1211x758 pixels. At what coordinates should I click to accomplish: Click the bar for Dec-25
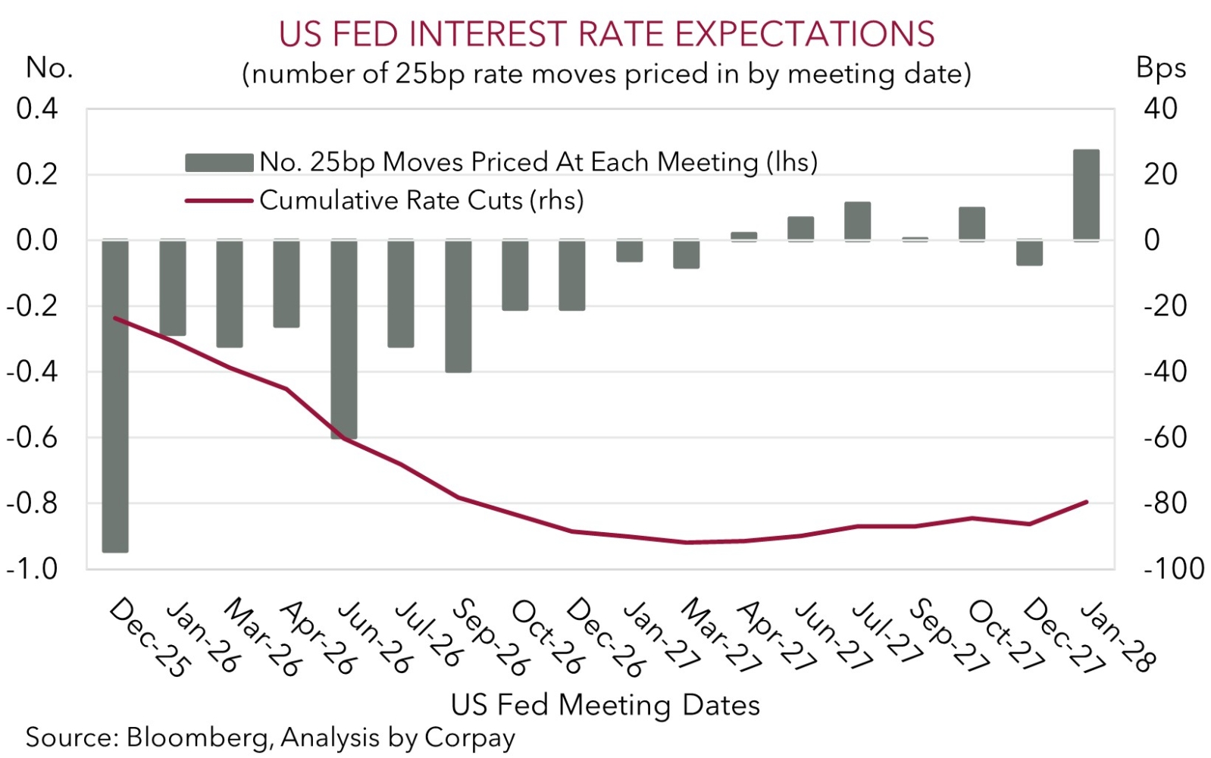(115, 396)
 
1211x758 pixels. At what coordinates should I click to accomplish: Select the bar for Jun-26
(344, 339)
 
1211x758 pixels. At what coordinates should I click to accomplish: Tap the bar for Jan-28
(1086, 195)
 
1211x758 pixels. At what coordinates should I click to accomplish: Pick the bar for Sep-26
(458, 306)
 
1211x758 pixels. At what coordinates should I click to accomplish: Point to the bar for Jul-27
(858, 221)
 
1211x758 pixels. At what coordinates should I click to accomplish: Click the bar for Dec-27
(1029, 252)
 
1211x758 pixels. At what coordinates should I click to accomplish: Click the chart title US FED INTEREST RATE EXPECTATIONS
(606, 34)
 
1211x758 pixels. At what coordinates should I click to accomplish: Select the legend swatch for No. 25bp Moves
(219, 162)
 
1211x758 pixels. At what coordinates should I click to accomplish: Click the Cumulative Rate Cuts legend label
(421, 200)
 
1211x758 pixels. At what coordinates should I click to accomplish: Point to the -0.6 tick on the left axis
(32, 437)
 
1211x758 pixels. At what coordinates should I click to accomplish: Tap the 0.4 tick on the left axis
(37, 108)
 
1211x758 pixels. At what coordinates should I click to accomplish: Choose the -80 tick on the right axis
(1165, 503)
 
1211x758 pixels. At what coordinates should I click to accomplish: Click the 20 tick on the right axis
(1160, 174)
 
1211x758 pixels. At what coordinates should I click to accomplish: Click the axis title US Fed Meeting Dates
(605, 705)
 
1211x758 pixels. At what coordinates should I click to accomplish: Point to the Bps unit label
(1160, 68)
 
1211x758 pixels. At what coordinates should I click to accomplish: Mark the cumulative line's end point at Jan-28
(1087, 502)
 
